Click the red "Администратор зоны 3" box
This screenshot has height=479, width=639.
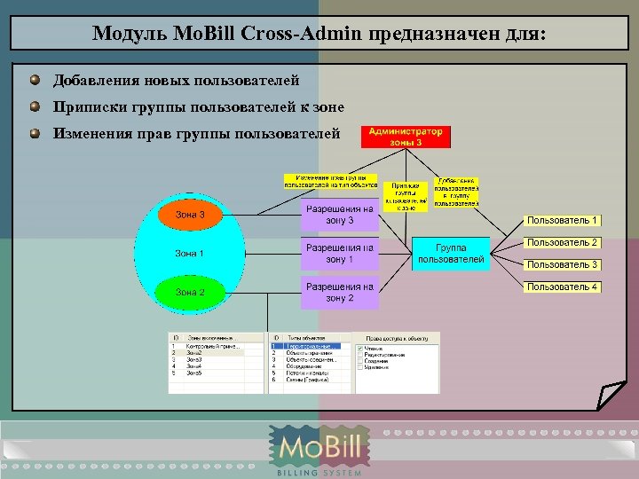point(406,137)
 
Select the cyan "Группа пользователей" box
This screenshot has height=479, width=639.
point(451,253)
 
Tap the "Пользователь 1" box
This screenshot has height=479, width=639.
point(563,220)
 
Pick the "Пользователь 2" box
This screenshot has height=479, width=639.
point(563,242)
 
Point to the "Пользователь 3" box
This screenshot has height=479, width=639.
point(563,264)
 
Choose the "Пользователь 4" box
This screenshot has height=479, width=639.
point(563,287)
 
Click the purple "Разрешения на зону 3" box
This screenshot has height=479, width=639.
point(339,215)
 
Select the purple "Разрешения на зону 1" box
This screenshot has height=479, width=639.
point(339,254)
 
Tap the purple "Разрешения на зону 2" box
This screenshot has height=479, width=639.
point(339,293)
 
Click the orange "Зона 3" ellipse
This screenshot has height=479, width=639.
point(190,215)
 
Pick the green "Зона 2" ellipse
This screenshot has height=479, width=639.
point(190,292)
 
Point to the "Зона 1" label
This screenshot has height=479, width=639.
point(190,254)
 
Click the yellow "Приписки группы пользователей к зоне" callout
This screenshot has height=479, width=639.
point(406,196)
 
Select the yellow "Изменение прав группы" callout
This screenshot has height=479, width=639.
point(330,181)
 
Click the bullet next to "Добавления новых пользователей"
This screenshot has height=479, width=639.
point(34,81)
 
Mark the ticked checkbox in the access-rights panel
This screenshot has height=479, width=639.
point(359,349)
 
